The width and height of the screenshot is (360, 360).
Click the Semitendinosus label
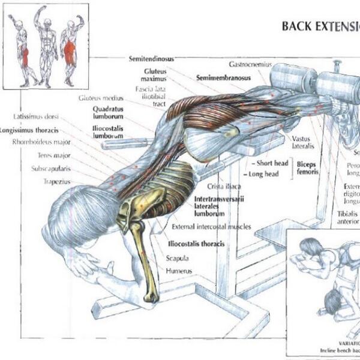(x=152, y=59)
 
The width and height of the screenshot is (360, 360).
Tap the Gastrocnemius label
(x=250, y=64)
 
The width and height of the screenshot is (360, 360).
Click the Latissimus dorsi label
(x=37, y=116)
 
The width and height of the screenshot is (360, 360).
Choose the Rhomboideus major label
(x=41, y=142)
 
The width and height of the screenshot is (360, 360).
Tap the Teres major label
(x=55, y=155)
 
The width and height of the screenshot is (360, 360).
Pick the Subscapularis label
(x=51, y=168)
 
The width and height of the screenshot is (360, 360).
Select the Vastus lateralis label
(x=304, y=142)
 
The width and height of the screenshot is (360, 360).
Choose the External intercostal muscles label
(x=211, y=227)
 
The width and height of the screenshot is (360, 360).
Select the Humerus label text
(x=179, y=271)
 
